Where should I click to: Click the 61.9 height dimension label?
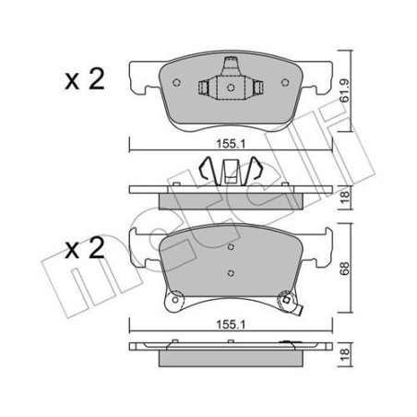point(344,90)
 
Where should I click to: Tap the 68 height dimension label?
point(344,268)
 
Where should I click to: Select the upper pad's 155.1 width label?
point(231,144)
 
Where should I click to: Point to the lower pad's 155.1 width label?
point(231,325)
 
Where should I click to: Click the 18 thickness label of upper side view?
point(345,197)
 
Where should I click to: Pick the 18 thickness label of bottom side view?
point(345,354)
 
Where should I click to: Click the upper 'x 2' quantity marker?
point(85,79)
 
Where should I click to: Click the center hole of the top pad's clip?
point(231,88)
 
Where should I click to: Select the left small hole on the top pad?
point(176,82)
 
